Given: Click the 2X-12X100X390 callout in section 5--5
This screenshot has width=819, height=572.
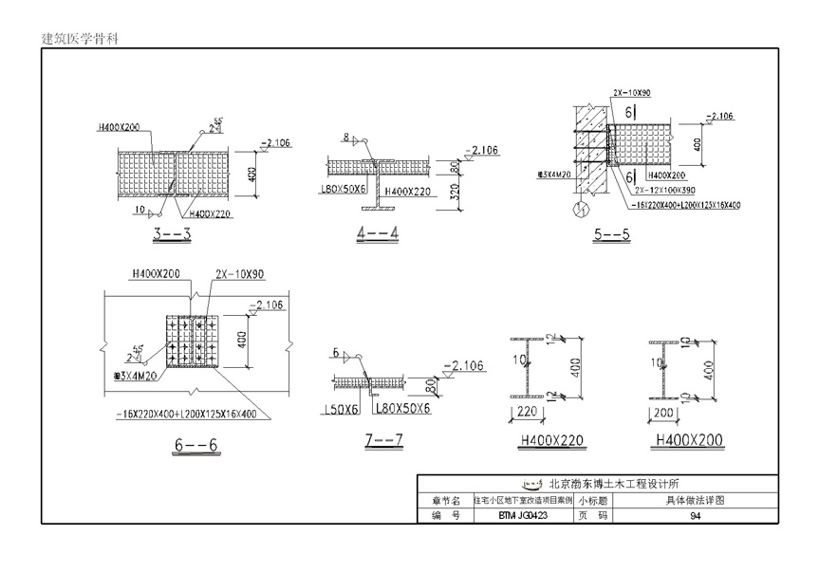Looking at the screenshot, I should click(654, 190).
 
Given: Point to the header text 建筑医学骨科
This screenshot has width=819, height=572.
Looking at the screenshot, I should click(79, 39).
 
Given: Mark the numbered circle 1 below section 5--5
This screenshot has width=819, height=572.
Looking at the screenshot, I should click(581, 207).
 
